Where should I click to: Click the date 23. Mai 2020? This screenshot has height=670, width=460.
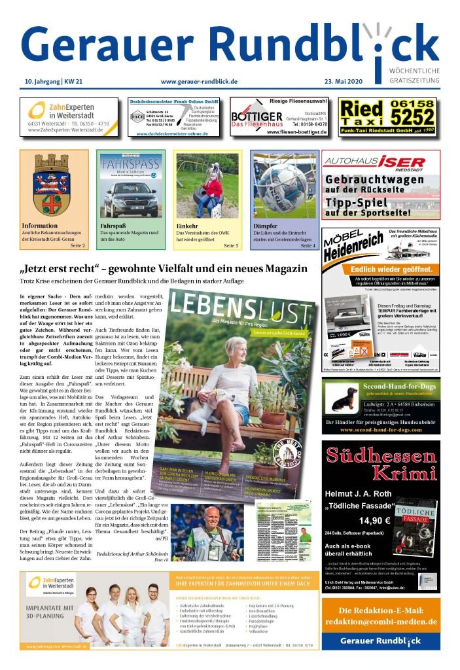414,82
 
